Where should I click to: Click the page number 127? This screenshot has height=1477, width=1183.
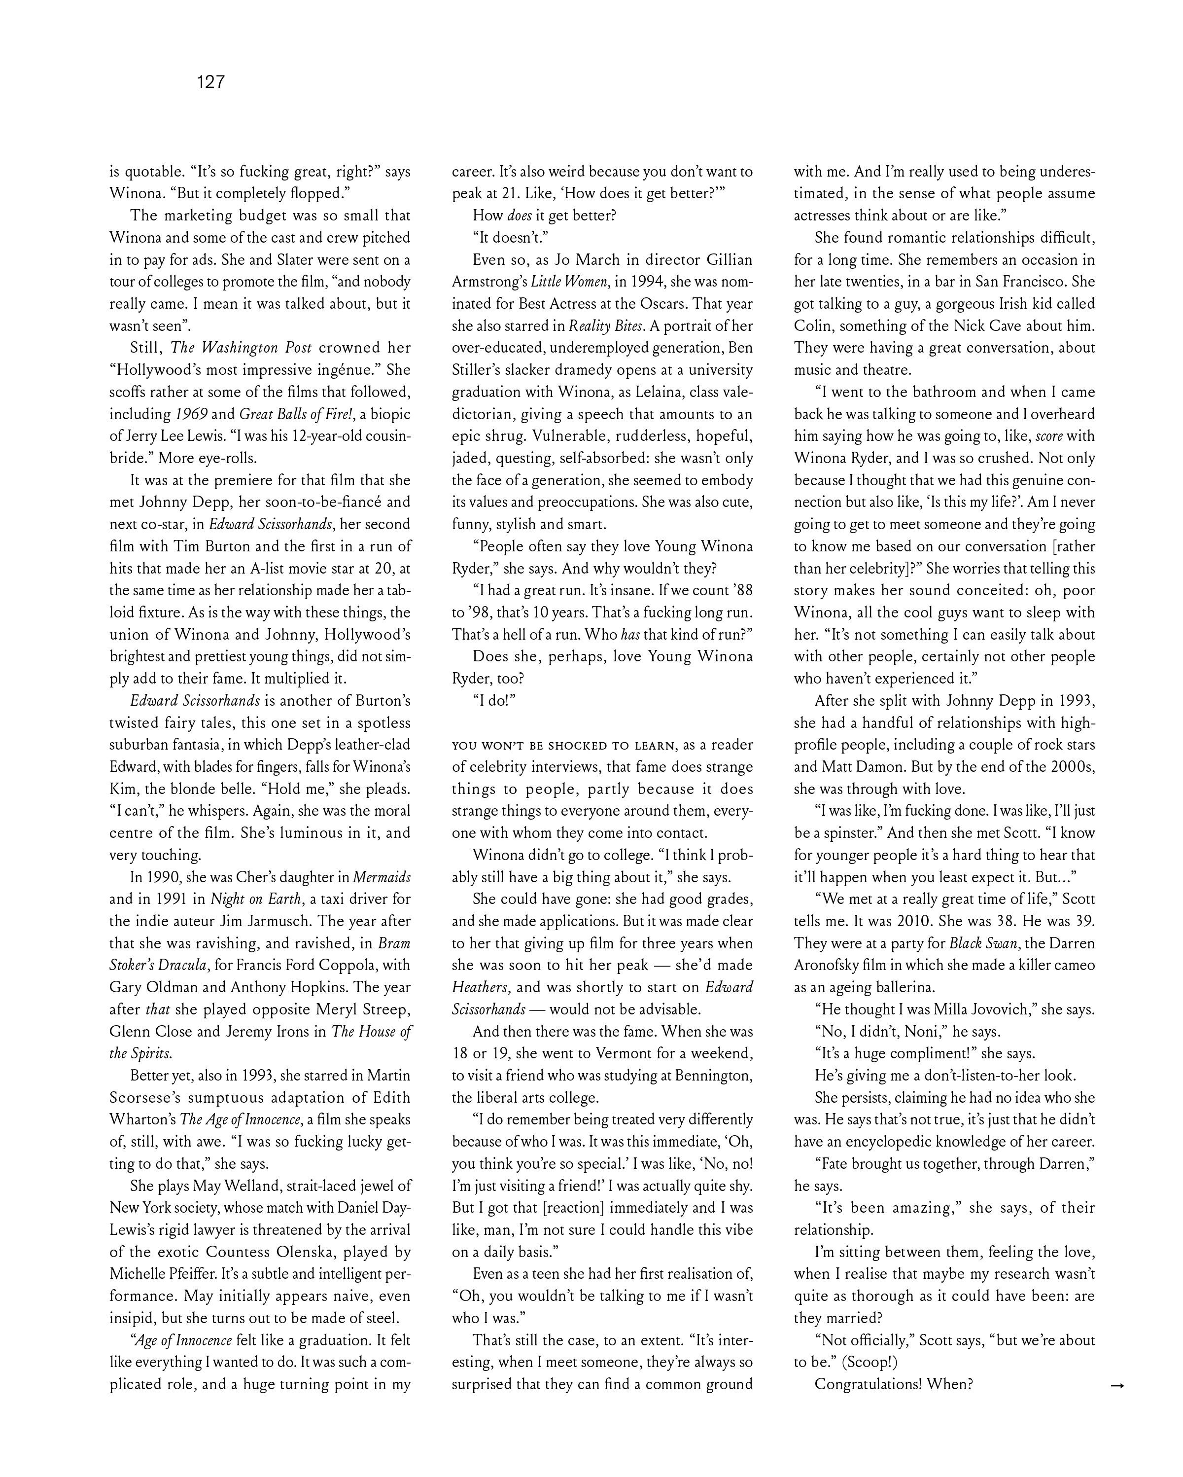click(211, 82)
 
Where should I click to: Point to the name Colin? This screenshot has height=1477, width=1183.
click(814, 326)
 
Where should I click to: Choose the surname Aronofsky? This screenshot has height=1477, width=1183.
click(833, 965)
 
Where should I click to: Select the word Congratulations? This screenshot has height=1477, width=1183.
click(868, 1384)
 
